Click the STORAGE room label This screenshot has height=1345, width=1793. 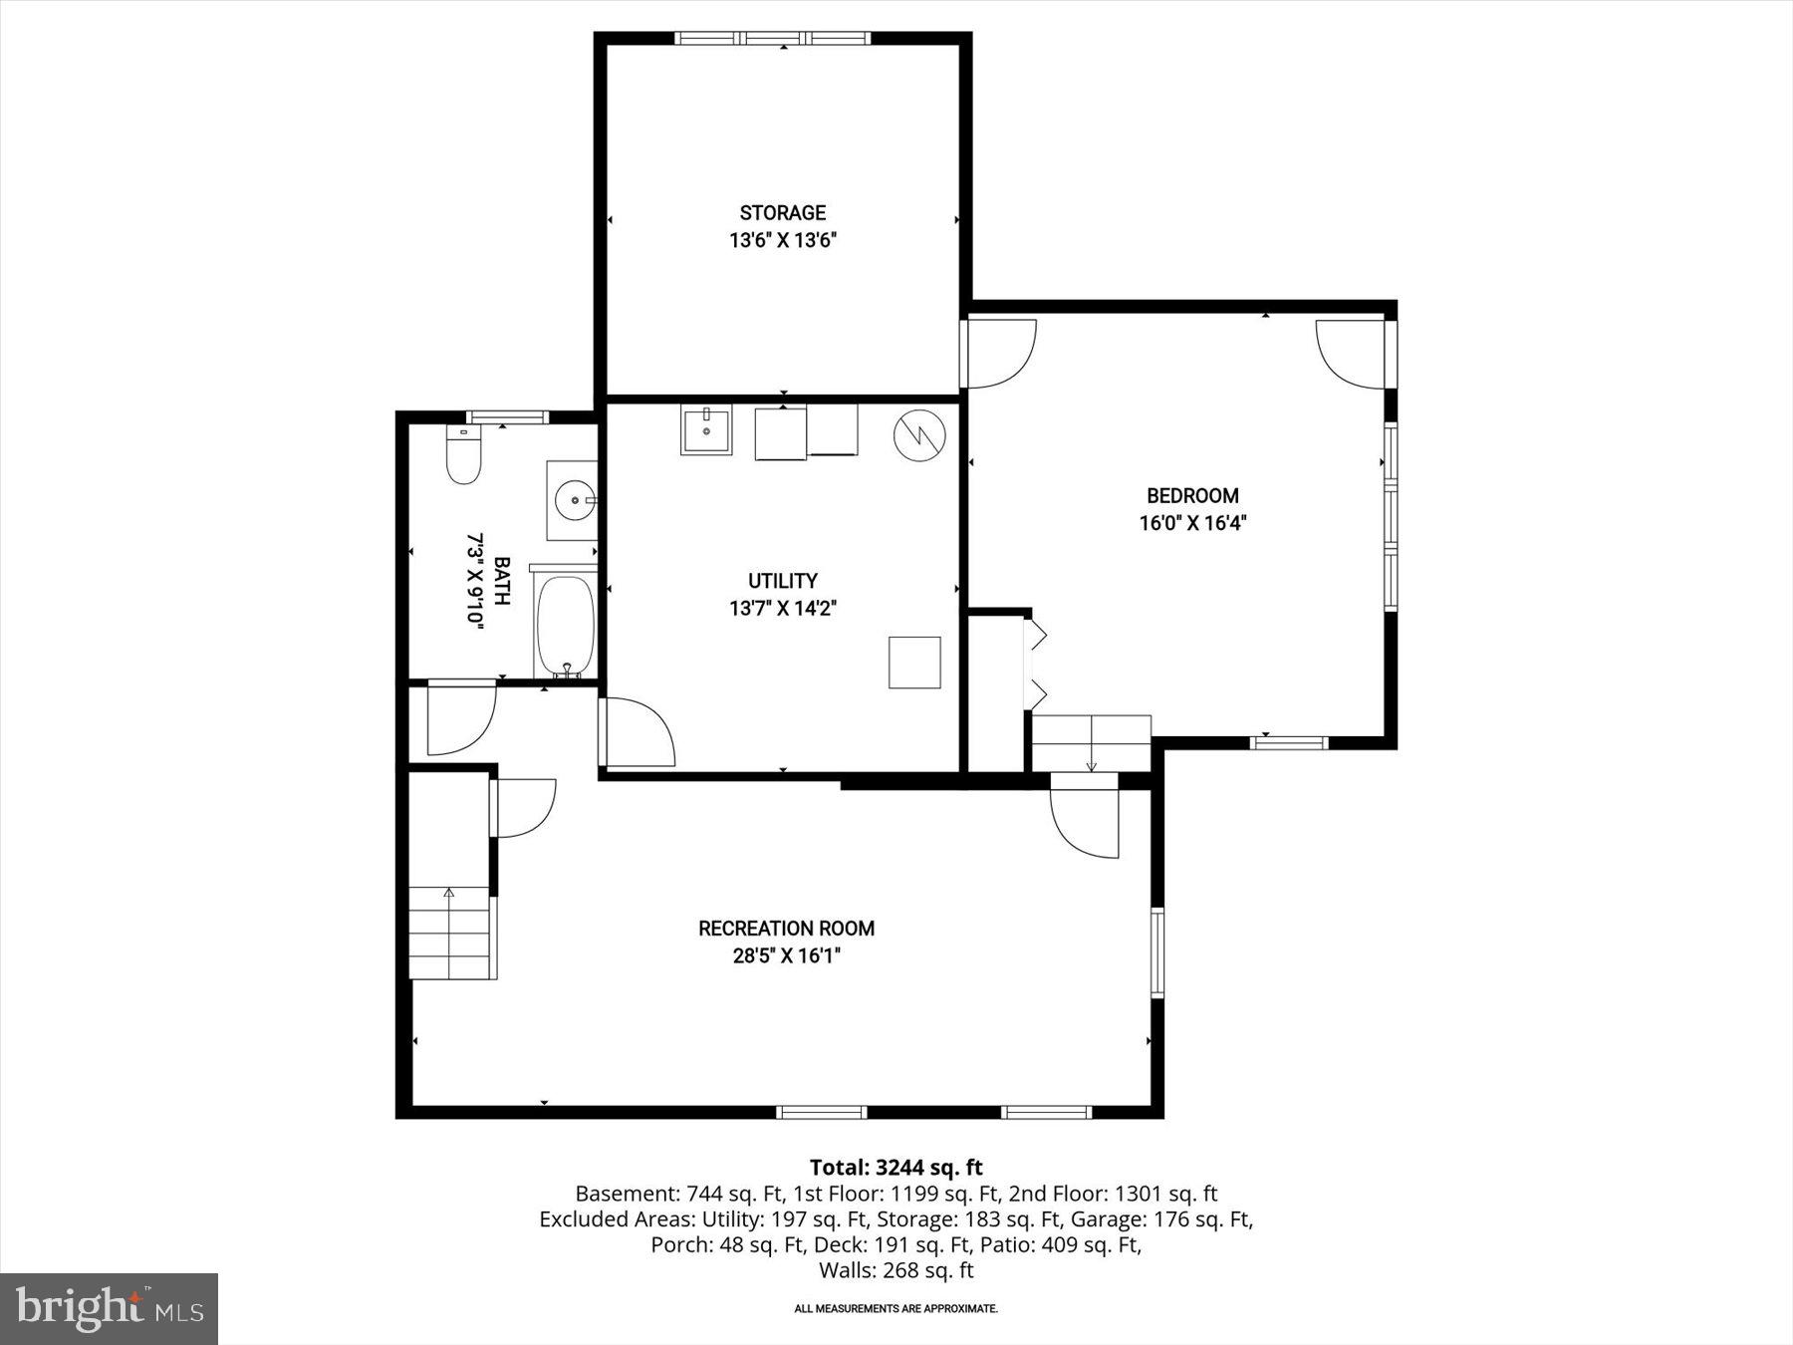point(782,212)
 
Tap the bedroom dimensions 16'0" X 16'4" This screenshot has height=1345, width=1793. point(1192,523)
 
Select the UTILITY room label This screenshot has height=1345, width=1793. point(782,581)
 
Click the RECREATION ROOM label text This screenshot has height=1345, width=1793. point(786,929)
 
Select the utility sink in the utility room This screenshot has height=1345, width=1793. point(705,430)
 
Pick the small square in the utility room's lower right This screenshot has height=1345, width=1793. point(914,663)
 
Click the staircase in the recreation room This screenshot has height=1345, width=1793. point(451,934)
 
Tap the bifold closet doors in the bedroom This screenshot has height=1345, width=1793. point(1036,664)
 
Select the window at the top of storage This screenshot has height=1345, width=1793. point(772,39)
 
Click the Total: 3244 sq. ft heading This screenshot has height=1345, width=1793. point(896,1168)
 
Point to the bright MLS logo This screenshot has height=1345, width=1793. point(109,1308)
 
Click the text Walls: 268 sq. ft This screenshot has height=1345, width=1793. point(896,1270)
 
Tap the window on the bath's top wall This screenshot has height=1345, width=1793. point(507,417)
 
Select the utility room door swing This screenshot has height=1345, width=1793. point(638,732)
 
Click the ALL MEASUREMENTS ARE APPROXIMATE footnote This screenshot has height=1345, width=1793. point(896,1308)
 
